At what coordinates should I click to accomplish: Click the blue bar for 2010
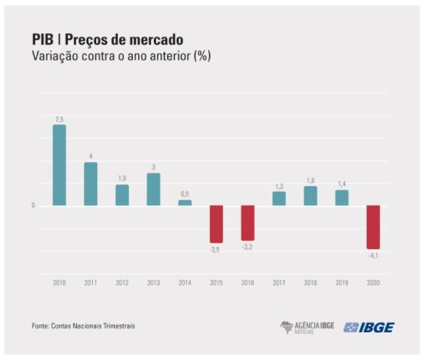59,165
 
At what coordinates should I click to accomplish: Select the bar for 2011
91,183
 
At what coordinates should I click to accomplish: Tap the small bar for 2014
185,203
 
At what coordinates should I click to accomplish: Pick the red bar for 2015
216,224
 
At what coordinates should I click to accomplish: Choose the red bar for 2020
373,227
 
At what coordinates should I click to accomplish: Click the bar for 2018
310,196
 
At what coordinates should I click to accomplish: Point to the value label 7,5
60,120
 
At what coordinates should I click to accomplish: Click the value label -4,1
373,255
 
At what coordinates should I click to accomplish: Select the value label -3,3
247,246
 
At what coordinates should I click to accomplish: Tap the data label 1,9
122,179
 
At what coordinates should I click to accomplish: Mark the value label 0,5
185,194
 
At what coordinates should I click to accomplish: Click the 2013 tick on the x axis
154,282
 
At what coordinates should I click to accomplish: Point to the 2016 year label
248,282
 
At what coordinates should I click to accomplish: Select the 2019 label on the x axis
342,282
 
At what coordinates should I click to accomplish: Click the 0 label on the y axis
33,206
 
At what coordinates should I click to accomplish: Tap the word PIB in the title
43,39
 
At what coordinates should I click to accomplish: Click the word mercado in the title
155,39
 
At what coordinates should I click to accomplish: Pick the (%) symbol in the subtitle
202,56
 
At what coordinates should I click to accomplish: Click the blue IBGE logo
369,327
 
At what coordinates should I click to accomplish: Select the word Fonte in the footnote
40,326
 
